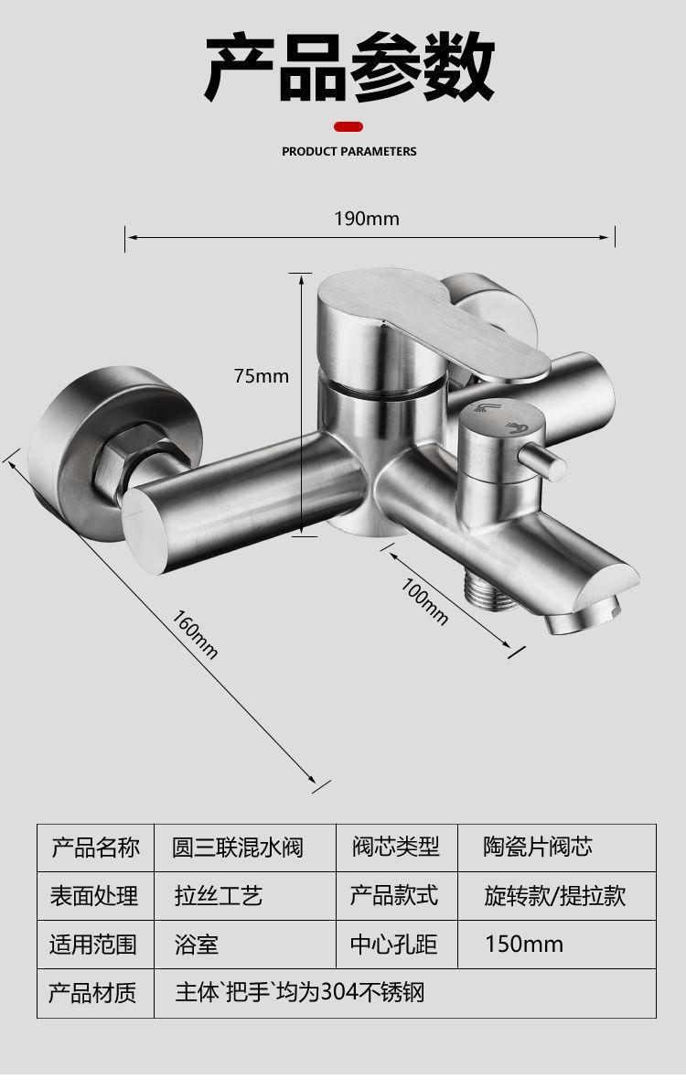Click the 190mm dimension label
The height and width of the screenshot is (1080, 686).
[366, 219]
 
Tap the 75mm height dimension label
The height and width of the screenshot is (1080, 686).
[261, 375]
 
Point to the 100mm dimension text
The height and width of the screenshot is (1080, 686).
[425, 601]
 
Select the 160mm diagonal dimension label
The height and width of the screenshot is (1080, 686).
[196, 633]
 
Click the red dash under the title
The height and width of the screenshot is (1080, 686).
[348, 126]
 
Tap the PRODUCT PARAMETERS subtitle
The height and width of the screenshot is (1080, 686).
[348, 151]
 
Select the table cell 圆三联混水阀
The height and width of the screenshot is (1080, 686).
[237, 848]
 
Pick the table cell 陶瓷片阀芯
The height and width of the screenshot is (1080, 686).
[538, 848]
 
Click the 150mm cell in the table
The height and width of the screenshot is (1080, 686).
[524, 944]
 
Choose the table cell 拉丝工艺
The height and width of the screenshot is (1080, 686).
[219, 896]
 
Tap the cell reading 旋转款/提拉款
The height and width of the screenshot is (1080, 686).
[555, 896]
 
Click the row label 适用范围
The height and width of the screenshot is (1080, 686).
[93, 944]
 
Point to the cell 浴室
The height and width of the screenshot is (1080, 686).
[197, 944]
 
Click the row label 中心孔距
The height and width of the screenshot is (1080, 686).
[394, 944]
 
